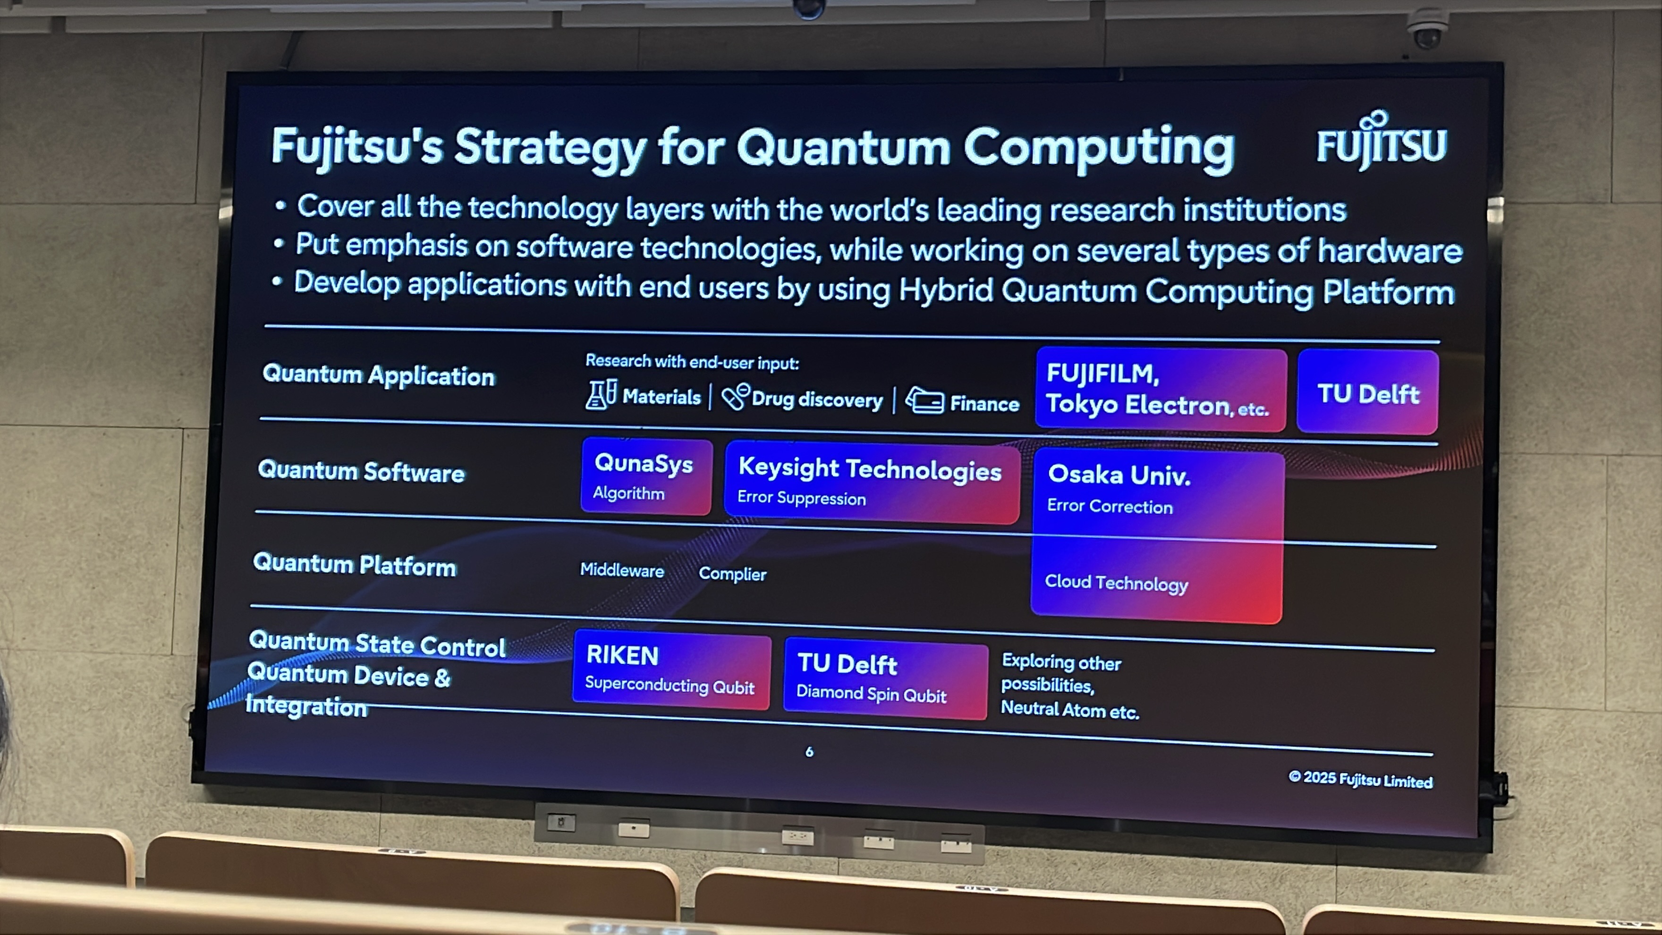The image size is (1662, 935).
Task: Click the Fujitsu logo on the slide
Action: (x=1381, y=140)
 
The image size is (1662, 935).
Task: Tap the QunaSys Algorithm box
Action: (x=646, y=477)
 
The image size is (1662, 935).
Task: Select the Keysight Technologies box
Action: (x=872, y=482)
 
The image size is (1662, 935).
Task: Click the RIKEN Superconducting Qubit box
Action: (x=671, y=670)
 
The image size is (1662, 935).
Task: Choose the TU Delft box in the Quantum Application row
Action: (x=1368, y=392)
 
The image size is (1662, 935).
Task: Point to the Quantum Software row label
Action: (x=361, y=471)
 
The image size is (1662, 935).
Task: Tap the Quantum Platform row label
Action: (x=355, y=565)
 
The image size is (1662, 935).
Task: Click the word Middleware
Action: (x=622, y=570)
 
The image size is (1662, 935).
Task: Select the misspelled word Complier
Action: (x=732, y=574)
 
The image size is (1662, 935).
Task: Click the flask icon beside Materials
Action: (x=601, y=394)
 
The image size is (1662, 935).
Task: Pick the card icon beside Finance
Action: (x=924, y=401)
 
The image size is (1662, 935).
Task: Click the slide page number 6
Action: (x=809, y=751)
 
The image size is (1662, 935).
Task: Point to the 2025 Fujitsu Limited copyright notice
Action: (x=1360, y=780)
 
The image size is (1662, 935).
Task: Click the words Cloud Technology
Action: (x=1116, y=583)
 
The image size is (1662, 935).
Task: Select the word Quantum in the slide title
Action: (x=844, y=148)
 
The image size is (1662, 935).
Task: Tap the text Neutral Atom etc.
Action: (x=1070, y=710)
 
